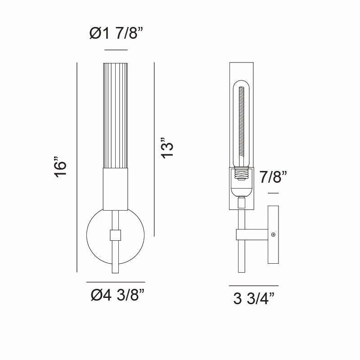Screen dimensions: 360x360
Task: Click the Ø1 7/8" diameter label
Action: pyautogui.click(x=116, y=33)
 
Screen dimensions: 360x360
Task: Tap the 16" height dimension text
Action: pyautogui.click(x=60, y=167)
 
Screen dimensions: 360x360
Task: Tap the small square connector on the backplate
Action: pyautogui.click(x=116, y=235)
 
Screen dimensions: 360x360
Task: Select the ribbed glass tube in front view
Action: pyautogui.click(x=116, y=115)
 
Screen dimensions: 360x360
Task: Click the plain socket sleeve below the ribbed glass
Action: pyautogui.click(x=116, y=189)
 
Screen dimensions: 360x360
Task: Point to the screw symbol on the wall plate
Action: pyautogui.click(x=274, y=234)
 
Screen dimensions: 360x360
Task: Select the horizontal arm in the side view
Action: pyautogui.click(x=254, y=234)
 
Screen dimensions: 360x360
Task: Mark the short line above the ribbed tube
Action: pyautogui.click(x=116, y=49)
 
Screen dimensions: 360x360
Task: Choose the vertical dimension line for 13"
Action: pyautogui.click(x=154, y=148)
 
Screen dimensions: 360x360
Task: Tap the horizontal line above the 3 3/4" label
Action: pyautogui.click(x=254, y=286)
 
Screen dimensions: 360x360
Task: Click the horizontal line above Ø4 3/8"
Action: pyautogui.click(x=116, y=282)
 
